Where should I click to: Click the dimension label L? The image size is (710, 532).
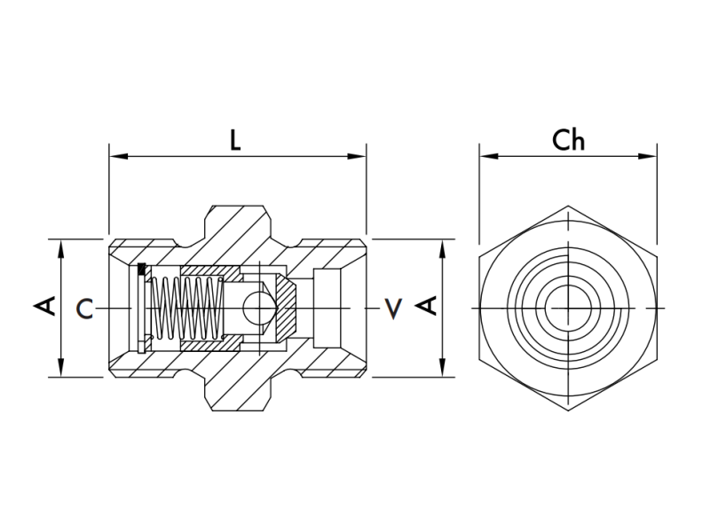coord(235,141)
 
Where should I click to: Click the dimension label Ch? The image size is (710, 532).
coord(568,140)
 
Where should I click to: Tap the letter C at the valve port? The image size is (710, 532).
coord(84,309)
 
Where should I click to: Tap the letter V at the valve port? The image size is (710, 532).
coord(392,309)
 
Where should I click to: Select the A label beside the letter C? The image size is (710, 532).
coord(45,307)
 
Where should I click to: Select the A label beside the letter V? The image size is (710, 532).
coord(427,307)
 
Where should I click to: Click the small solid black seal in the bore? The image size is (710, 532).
coord(142,268)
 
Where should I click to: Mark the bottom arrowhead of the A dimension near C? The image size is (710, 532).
coord(60,370)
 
